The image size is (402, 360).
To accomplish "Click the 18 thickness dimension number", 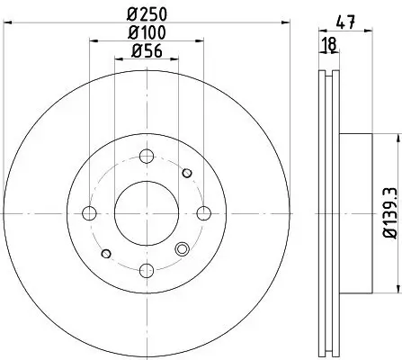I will [330, 45].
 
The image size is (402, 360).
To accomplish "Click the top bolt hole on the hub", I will [147, 154].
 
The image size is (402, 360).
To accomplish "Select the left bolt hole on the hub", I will [88, 213].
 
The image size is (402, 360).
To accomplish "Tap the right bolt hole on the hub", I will [205, 213].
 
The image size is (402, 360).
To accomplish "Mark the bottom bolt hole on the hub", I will [147, 272].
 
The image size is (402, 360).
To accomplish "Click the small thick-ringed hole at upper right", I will [187, 173].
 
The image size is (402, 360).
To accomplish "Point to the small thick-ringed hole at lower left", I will [106, 254].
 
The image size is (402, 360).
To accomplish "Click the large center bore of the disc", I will [147, 213].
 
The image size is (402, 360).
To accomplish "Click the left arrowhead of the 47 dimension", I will [321, 31].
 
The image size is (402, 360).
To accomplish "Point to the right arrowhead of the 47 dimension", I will [371, 31].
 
